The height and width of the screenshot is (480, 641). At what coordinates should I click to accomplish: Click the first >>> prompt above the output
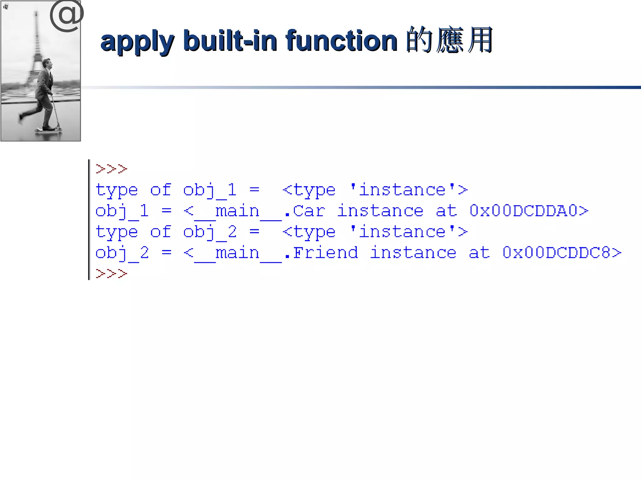click(x=111, y=169)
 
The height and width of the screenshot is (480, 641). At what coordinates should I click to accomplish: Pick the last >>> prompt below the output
click(x=111, y=274)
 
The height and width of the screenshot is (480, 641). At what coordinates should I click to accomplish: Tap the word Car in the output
click(x=309, y=211)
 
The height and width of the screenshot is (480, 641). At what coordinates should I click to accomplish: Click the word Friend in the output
click(x=326, y=252)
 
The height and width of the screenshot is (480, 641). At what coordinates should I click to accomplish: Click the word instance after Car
click(x=380, y=211)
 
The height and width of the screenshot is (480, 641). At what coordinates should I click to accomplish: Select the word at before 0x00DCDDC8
click(x=479, y=252)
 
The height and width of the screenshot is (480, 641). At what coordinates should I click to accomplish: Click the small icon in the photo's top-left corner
click(x=6, y=7)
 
